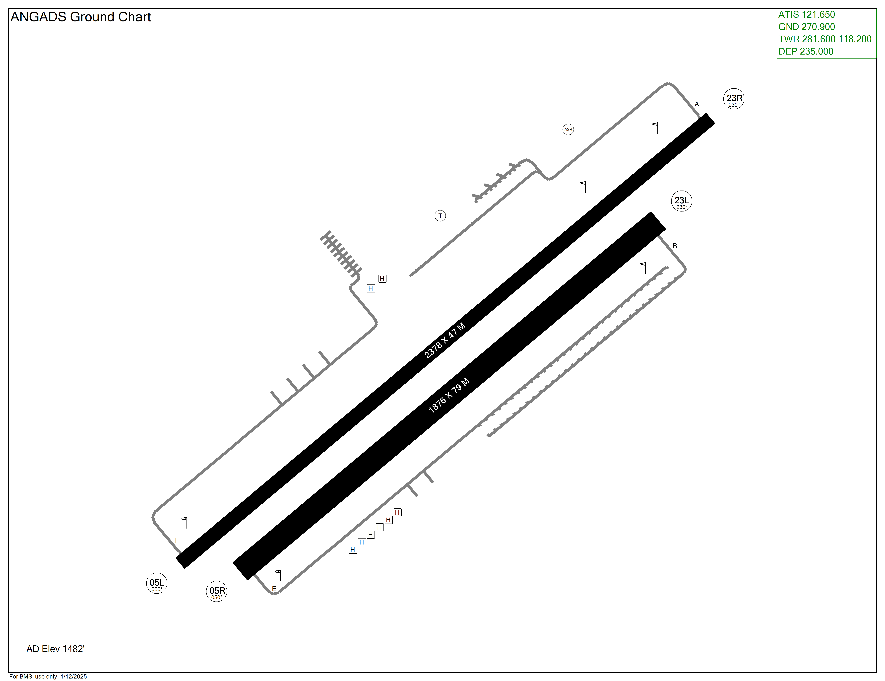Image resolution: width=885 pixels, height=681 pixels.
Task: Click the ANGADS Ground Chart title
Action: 81,17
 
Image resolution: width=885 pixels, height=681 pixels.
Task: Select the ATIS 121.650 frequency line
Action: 806,15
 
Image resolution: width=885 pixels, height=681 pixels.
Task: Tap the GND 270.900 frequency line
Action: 806,27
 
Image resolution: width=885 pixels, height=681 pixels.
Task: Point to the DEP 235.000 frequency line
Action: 806,52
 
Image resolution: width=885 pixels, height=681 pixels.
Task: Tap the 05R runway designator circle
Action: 217,591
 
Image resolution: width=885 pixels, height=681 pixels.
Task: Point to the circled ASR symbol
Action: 568,130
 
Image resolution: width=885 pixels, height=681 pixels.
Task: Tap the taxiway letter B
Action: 675,246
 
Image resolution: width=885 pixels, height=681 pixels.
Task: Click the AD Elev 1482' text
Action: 56,649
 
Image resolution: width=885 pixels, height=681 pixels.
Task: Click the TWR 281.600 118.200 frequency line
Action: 825,39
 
